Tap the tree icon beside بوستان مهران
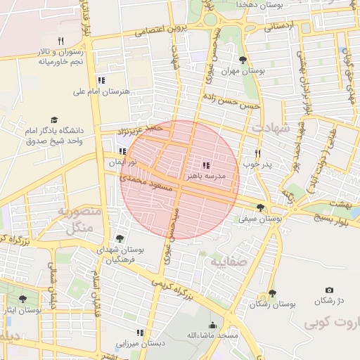coord(243,60)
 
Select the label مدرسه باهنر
coord(206,174)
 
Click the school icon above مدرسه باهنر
coord(205,164)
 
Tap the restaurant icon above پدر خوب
coord(257,153)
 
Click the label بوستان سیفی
coord(261,219)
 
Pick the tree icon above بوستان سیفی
coord(261,207)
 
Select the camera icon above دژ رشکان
coord(329,290)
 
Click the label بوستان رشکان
coord(273,304)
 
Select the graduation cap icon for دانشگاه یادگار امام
coord(54,121)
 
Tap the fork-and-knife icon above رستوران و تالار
coord(60,41)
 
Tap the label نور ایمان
coord(122,162)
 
